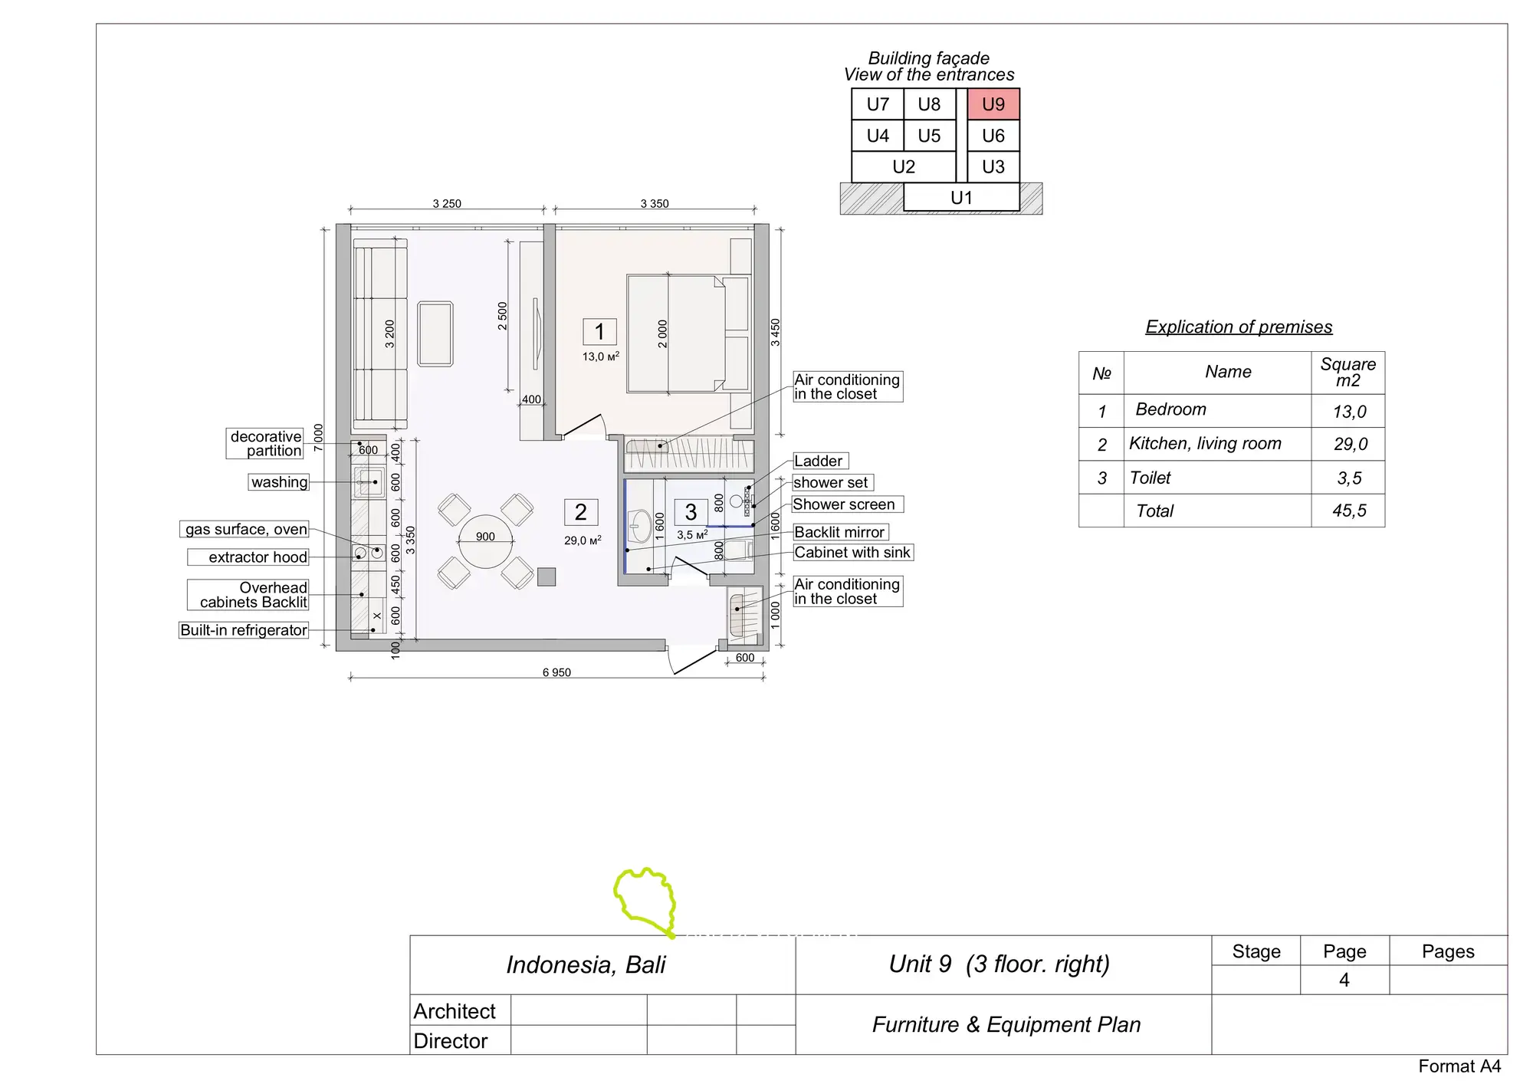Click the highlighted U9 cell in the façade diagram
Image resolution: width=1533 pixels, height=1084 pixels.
click(993, 104)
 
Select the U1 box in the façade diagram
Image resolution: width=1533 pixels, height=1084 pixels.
click(961, 198)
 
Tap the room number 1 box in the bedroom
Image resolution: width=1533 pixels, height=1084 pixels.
click(599, 332)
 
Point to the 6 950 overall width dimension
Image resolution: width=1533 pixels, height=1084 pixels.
click(556, 672)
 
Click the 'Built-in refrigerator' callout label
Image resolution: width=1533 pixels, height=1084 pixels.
click(244, 630)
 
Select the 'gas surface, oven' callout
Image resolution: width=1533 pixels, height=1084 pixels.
click(246, 529)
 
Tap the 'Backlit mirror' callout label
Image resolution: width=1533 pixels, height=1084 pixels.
click(840, 532)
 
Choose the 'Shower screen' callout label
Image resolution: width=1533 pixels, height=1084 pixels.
click(847, 504)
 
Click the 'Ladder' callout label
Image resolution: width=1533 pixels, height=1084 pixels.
click(819, 461)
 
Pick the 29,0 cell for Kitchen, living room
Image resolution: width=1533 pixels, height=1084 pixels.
click(1350, 444)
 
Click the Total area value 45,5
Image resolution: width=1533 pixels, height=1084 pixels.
click(1349, 511)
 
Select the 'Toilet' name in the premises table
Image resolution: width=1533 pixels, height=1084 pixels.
click(1150, 478)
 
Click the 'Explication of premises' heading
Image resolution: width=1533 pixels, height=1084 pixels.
click(1239, 327)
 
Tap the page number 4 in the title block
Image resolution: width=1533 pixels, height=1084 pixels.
click(1344, 980)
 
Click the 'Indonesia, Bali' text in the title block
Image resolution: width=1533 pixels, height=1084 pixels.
click(586, 964)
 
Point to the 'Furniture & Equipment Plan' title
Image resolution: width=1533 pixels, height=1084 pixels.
click(1006, 1024)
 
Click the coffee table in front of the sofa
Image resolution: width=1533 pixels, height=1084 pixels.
click(435, 334)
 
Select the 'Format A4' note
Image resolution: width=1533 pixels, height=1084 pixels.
click(1459, 1066)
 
